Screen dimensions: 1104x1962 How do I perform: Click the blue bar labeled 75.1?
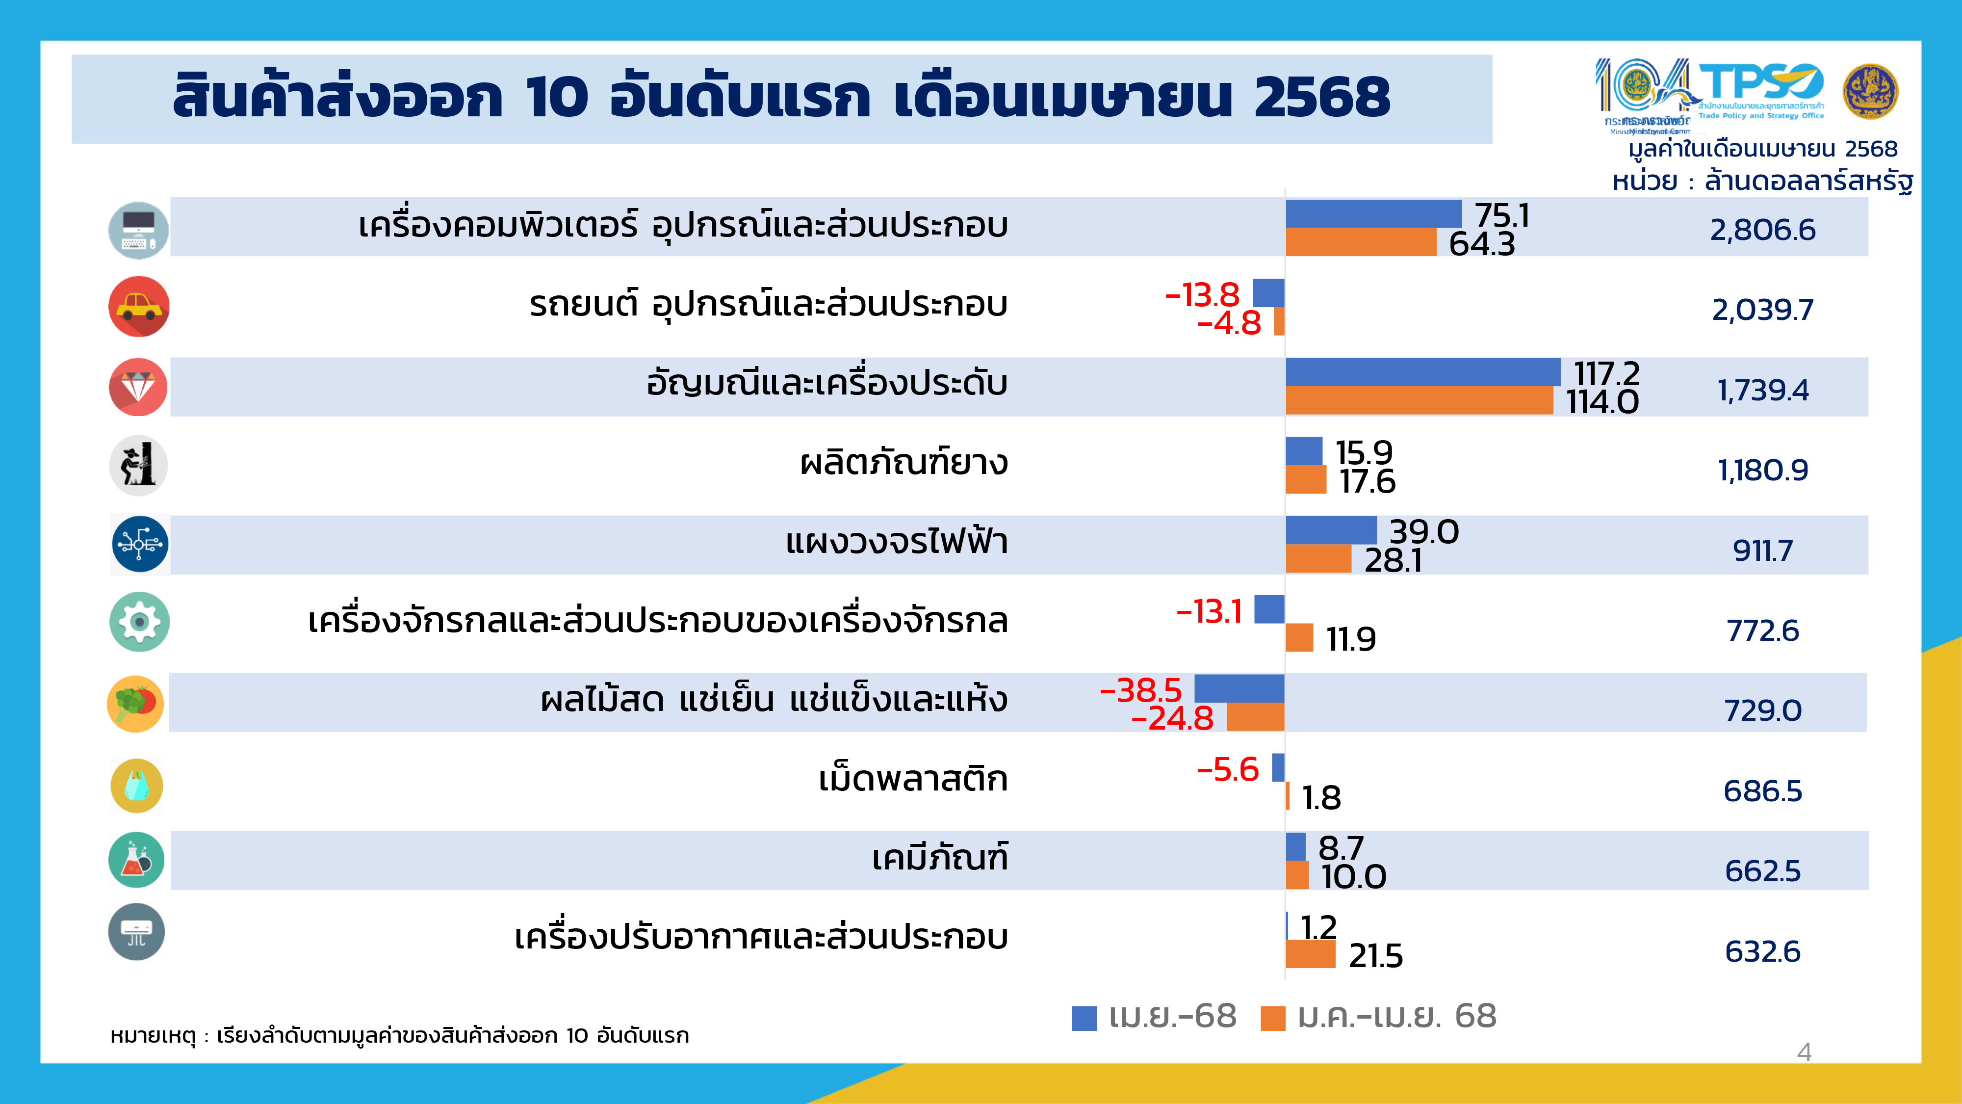click(x=1373, y=214)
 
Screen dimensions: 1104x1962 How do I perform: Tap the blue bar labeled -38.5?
click(x=1239, y=688)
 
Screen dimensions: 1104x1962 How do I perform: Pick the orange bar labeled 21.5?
click(x=1310, y=954)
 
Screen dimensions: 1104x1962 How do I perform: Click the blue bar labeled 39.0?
click(x=1331, y=529)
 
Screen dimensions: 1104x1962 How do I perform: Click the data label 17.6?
click(x=1367, y=481)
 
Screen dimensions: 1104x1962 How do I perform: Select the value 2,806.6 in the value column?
click(x=1762, y=229)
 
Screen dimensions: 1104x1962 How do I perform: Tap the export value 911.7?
click(x=1762, y=550)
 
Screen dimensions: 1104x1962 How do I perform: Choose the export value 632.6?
click(x=1762, y=951)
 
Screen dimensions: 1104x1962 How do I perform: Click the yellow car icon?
click(x=139, y=306)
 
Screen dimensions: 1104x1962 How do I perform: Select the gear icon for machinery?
click(x=139, y=622)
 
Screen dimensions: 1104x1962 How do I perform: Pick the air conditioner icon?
click(x=136, y=932)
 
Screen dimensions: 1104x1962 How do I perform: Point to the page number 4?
click(x=1804, y=1052)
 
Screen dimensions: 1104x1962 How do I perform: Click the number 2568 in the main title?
click(x=1321, y=98)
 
